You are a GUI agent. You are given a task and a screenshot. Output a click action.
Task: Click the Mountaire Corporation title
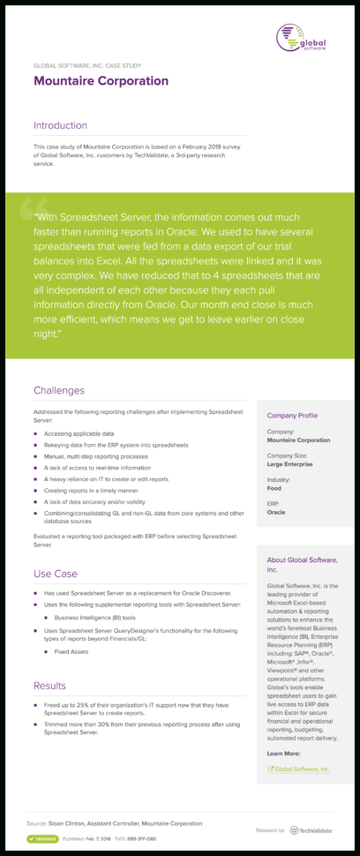(x=101, y=81)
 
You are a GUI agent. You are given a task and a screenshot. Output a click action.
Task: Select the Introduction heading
(x=61, y=125)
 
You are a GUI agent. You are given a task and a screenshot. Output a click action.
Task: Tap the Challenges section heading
(x=59, y=390)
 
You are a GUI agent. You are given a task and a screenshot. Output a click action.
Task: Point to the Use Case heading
(x=56, y=574)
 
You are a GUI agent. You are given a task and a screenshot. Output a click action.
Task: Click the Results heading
(x=49, y=686)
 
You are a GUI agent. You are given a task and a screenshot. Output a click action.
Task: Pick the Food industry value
(x=275, y=486)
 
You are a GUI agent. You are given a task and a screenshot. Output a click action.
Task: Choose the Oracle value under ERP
(x=276, y=511)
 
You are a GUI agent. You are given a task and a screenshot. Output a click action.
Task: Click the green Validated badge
(x=42, y=838)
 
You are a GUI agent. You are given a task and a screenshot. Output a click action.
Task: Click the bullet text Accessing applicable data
(x=79, y=433)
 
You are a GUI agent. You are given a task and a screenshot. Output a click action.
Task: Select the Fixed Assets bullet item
(x=72, y=651)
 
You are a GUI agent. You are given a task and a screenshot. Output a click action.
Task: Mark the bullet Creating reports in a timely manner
(x=93, y=489)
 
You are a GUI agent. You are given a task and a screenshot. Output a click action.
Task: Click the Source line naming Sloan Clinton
(x=114, y=822)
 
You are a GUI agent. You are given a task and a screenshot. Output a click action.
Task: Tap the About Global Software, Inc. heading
(x=302, y=565)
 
